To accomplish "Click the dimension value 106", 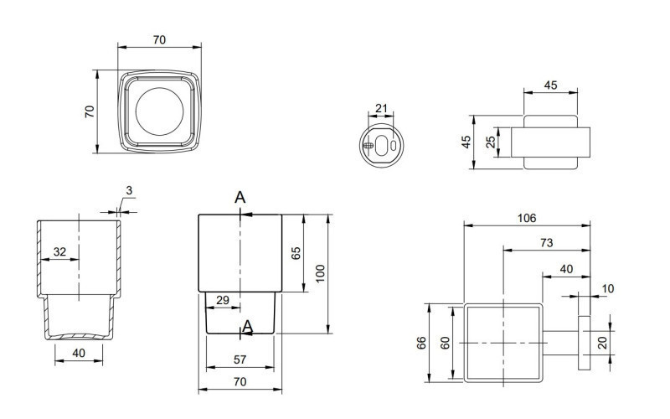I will click(x=526, y=218).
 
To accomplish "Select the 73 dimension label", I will click(x=546, y=242).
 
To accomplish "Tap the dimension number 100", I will click(x=320, y=273).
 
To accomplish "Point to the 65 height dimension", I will click(x=296, y=253).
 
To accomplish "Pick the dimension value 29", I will click(x=224, y=300).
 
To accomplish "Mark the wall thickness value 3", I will click(x=128, y=191).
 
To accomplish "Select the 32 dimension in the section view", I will click(x=60, y=251).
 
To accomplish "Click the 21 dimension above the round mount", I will click(x=382, y=108).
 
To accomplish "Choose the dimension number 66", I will click(x=422, y=342).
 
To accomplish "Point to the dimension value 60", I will click(x=446, y=342).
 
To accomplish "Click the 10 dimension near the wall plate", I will click(x=607, y=288).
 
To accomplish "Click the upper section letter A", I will click(x=240, y=198).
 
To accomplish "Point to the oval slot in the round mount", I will click(x=384, y=145).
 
